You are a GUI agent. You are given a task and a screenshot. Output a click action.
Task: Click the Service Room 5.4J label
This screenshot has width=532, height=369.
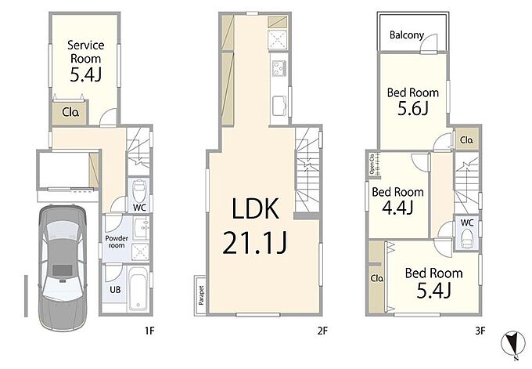coord(85,61)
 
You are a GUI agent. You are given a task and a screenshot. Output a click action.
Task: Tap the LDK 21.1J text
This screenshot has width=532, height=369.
coord(255,226)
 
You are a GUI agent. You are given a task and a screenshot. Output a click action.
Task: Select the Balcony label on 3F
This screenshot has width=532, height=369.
coord(407,35)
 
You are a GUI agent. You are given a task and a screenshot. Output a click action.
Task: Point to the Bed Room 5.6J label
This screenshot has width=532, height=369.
coord(413,101)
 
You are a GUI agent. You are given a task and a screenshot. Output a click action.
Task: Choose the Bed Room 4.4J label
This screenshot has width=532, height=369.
coord(397,201)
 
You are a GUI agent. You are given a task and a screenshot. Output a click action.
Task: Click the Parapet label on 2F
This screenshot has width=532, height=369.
coord(202,295)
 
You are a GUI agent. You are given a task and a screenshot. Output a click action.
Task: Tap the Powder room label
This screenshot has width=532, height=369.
coord(117,241)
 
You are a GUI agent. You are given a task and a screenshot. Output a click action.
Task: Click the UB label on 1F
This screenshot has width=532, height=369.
coord(115,290)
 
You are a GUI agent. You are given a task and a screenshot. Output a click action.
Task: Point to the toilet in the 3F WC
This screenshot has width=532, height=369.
coord(467,238)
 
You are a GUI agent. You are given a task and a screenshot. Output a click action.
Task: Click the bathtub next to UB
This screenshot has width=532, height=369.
coord(138,288)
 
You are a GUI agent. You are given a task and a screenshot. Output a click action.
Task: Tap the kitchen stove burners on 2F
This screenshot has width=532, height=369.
coord(279,69)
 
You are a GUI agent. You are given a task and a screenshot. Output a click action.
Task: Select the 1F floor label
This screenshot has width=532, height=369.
coord(149,331)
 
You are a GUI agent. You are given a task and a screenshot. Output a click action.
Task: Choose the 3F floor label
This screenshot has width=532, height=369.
coord(480,331)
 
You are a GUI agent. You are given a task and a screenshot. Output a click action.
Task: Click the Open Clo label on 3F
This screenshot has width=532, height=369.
coord(372,165)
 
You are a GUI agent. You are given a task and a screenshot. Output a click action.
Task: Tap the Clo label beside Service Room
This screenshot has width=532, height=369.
coord(71,112)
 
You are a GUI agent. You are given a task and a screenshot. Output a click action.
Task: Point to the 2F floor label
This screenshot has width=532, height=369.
coord(322,331)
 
